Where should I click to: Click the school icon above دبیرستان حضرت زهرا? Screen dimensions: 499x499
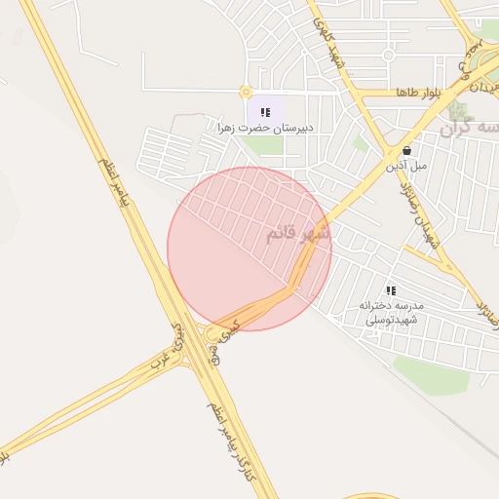click(x=265, y=112)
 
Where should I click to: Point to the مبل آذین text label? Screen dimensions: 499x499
click(x=406, y=166)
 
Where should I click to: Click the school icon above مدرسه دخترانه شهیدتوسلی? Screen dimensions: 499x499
click(x=391, y=289)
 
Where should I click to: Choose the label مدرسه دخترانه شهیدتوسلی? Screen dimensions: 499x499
click(x=390, y=312)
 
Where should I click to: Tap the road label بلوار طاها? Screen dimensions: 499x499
click(x=419, y=92)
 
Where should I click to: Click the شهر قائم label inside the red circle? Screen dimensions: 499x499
click(x=297, y=234)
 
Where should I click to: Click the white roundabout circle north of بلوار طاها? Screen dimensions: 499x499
click(x=388, y=55)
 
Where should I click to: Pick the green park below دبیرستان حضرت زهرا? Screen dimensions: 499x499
click(x=262, y=145)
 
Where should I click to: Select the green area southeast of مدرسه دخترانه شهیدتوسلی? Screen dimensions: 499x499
click(x=431, y=376)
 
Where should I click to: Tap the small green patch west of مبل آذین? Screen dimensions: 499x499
click(x=361, y=143)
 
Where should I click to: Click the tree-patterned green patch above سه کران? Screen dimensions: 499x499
click(x=458, y=107)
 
